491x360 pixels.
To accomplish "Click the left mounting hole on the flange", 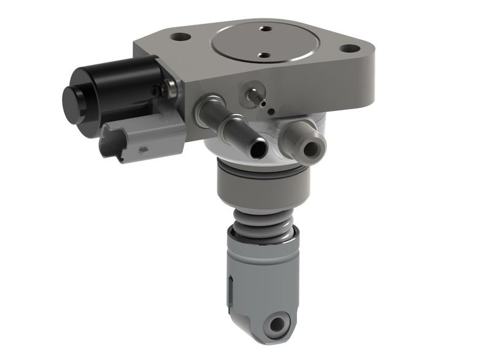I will click(x=180, y=36).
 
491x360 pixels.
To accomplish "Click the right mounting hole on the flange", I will click(x=350, y=48).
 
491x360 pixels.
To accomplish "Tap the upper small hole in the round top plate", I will click(x=266, y=28).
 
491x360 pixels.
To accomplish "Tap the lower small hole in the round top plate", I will click(x=264, y=55).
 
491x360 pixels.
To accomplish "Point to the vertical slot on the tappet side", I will click(x=230, y=288).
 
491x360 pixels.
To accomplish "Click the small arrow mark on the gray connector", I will click(x=143, y=149).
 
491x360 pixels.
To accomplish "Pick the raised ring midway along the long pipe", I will click(x=232, y=126).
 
